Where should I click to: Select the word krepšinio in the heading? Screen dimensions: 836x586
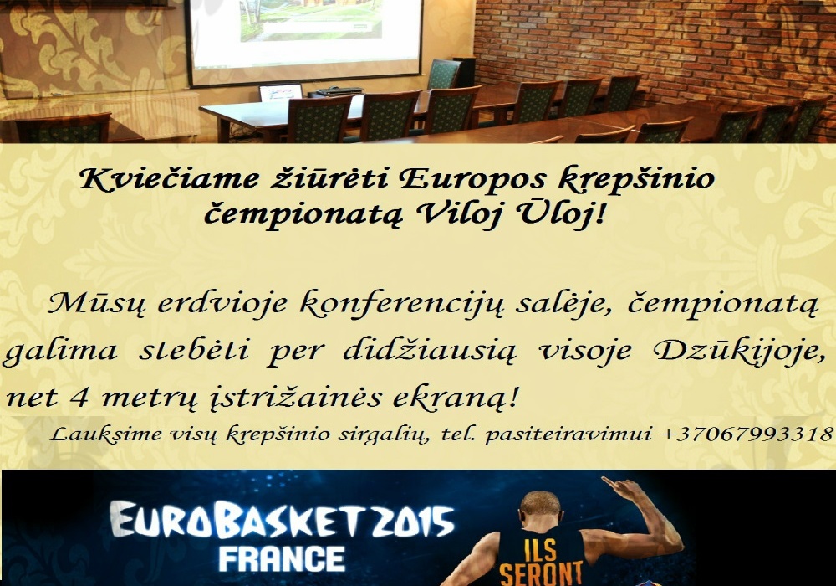[x=635, y=180]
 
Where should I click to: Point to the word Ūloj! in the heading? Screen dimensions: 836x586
[x=560, y=215]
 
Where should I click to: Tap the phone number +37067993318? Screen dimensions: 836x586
[x=747, y=434]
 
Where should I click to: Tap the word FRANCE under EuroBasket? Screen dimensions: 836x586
[x=282, y=558]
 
